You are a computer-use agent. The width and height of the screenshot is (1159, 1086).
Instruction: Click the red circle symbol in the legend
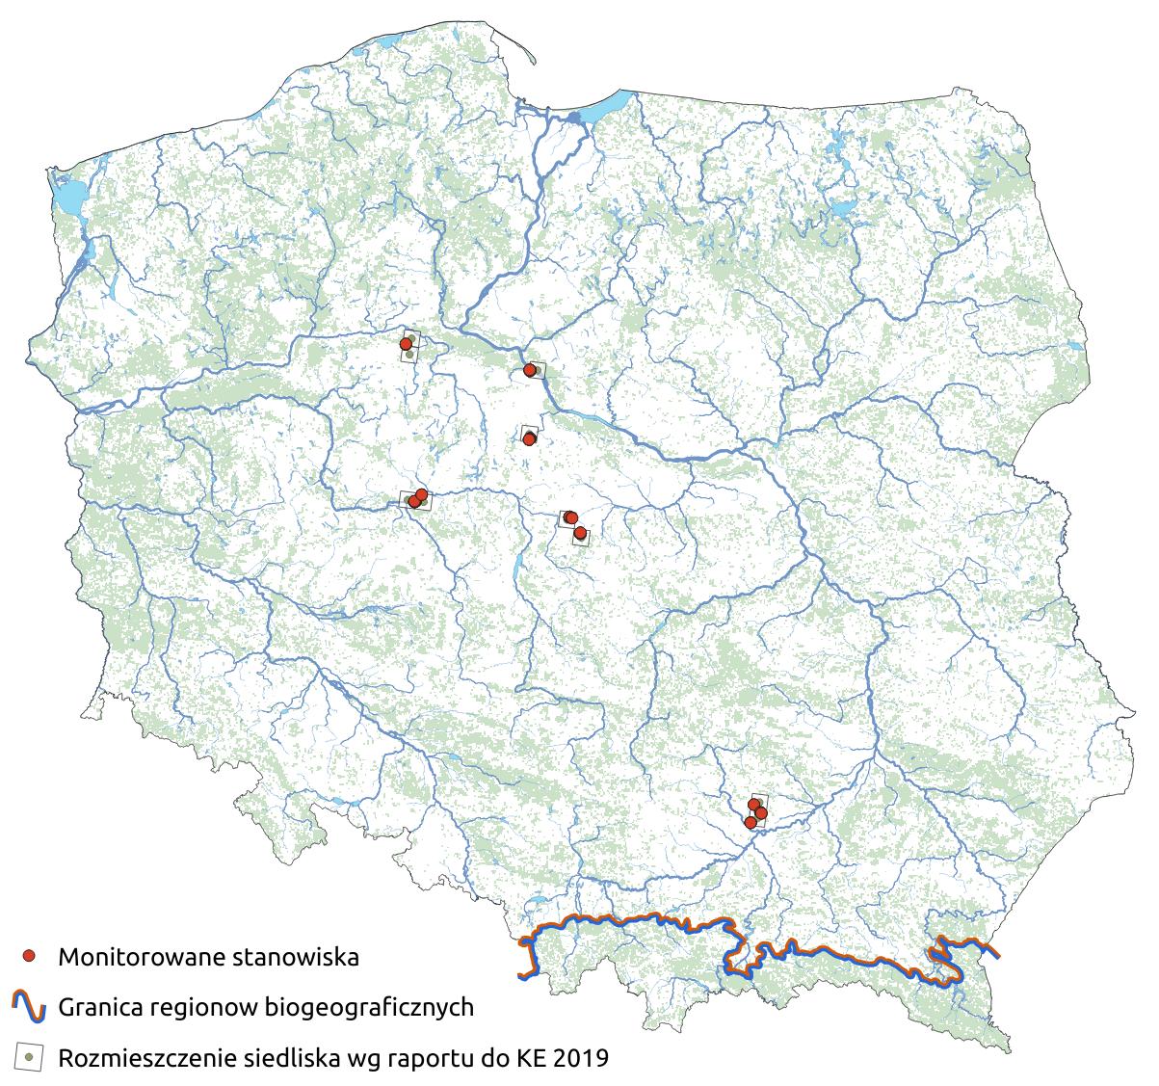point(30,956)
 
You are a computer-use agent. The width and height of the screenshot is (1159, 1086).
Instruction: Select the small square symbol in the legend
point(30,1057)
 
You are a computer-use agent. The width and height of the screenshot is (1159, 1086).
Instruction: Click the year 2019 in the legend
point(583,1058)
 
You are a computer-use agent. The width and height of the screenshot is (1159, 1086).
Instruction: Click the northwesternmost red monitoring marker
point(406,344)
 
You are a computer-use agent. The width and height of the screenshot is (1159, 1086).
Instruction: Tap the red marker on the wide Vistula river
point(529,370)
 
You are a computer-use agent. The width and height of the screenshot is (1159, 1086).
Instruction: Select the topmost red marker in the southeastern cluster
point(754,804)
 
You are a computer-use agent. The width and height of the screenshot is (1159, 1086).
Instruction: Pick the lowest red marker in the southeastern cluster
point(751,823)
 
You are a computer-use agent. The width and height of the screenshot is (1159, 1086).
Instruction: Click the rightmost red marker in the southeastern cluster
point(761,814)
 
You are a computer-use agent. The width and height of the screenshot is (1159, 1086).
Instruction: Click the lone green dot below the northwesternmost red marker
point(410,355)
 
